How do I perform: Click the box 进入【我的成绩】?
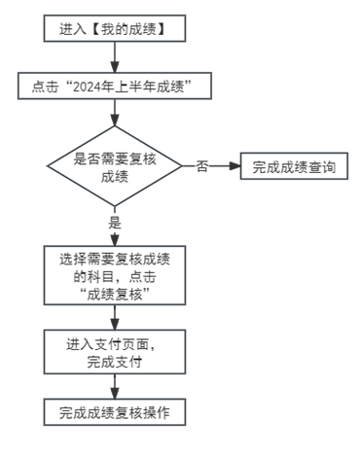coord(115,29)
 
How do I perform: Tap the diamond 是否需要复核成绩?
coord(115,166)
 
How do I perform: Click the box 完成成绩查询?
coord(294,166)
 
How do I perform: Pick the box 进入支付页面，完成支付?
coord(115,353)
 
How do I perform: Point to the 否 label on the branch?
coord(201,166)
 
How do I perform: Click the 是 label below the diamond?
coord(115,223)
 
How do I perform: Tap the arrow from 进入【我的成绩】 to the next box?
coord(115,58)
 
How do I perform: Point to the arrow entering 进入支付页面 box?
coord(115,319)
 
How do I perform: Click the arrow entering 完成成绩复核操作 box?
coord(115,387)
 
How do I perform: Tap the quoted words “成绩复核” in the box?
coord(115,293)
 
